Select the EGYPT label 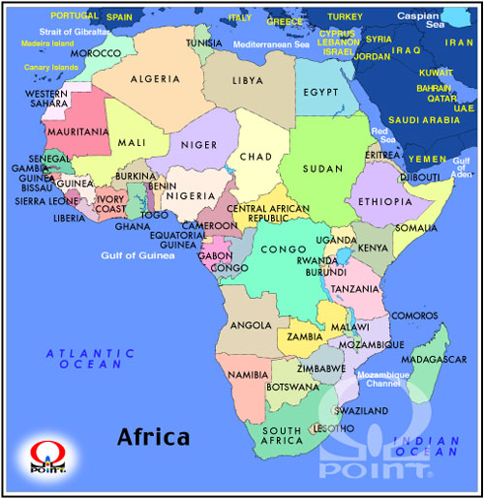pos(321,92)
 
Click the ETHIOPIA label pos(384,201)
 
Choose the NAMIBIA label pos(248,374)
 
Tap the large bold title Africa pos(153,436)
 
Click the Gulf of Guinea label pos(131,255)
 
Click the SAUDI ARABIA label pos(423,121)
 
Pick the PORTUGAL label pos(75,16)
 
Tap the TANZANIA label pos(354,289)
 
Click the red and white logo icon pos(45,455)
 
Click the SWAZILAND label pos(364,410)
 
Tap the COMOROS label pos(415,315)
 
